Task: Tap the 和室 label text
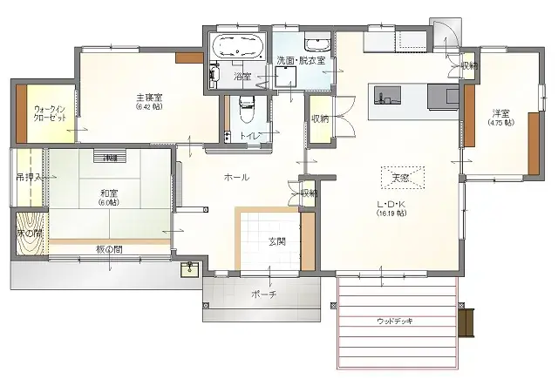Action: [109, 193]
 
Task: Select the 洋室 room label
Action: [500, 113]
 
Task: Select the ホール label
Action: [236, 177]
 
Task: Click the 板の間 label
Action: [108, 250]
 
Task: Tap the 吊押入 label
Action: [26, 177]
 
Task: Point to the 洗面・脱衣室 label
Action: [301, 60]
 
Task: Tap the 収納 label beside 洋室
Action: [469, 66]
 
